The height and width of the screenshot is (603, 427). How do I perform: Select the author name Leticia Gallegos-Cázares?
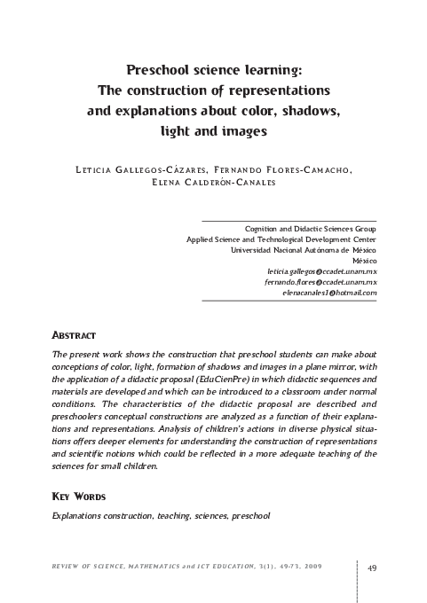141,169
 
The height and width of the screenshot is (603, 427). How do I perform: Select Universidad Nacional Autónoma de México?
304,249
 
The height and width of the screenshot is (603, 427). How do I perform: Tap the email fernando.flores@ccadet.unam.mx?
320,281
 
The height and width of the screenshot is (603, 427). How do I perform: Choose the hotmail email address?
329,292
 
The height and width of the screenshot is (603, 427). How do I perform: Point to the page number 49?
372,568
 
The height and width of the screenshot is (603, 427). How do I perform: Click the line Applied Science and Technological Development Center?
281,239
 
